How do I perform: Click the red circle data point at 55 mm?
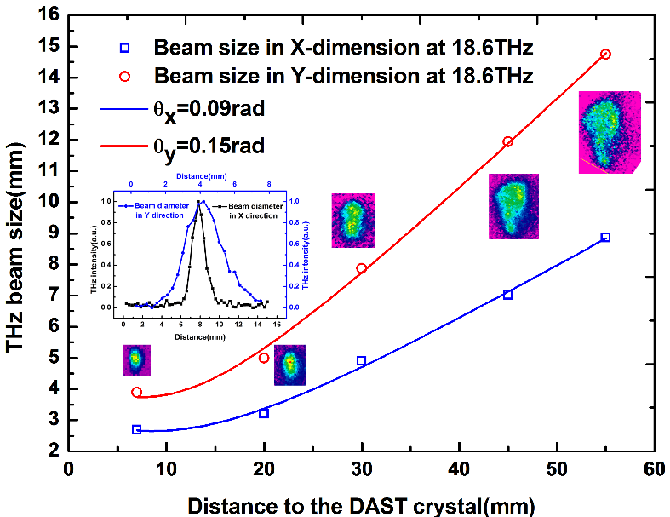tap(605, 55)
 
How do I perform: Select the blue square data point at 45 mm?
tap(507, 294)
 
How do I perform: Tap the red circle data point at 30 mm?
tap(361, 268)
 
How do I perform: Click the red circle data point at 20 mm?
tap(264, 358)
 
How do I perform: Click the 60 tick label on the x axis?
tap(654, 470)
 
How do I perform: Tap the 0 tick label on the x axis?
tap(69, 470)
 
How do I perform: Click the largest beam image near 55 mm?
tap(609, 132)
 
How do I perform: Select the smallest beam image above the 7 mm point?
tap(136, 359)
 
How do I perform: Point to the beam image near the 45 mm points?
tap(513, 205)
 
